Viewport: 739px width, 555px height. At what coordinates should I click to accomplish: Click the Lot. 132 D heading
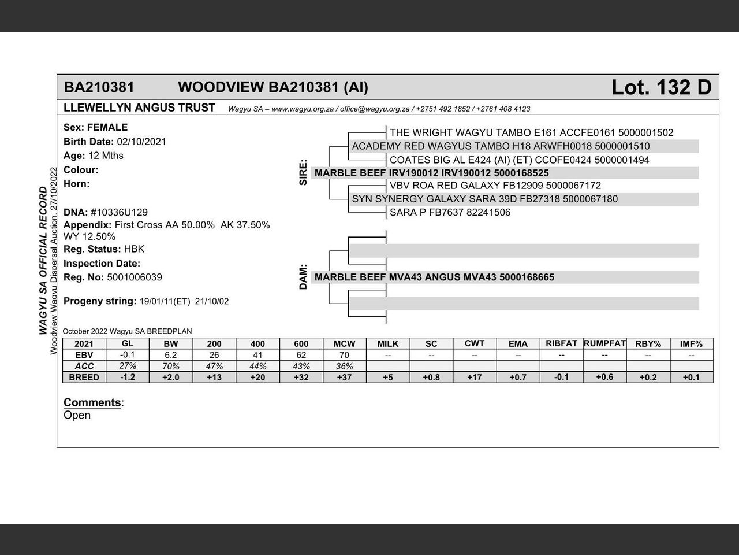pyautogui.click(x=661, y=87)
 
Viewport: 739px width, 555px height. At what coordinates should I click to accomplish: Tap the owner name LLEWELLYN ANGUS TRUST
pyautogui.click(x=139, y=108)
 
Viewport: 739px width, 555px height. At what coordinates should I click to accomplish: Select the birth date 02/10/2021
pyautogui.click(x=141, y=142)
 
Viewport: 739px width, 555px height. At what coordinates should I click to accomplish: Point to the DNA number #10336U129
pyautogui.click(x=119, y=212)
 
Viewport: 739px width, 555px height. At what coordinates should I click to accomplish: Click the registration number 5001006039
pyautogui.click(x=135, y=277)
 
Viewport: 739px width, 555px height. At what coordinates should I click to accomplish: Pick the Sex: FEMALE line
pyautogui.click(x=95, y=127)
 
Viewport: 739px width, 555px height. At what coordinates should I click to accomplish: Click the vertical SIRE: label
pyautogui.click(x=304, y=173)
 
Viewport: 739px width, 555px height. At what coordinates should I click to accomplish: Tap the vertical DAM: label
pyautogui.click(x=304, y=277)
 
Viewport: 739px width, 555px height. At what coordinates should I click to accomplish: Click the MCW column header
pyautogui.click(x=344, y=343)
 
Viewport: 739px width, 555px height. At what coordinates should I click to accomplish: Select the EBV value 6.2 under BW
pyautogui.click(x=170, y=355)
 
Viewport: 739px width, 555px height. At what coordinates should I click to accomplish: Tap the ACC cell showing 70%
pyautogui.click(x=170, y=366)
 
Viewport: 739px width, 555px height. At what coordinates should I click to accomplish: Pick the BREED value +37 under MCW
pyautogui.click(x=344, y=377)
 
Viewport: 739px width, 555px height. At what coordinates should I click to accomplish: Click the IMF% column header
pyautogui.click(x=691, y=343)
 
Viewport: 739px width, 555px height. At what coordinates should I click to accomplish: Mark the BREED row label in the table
pyautogui.click(x=84, y=377)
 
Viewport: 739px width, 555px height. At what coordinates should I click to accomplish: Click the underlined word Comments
pyautogui.click(x=92, y=402)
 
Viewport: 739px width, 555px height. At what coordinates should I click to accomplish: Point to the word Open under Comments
pyautogui.click(x=77, y=415)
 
